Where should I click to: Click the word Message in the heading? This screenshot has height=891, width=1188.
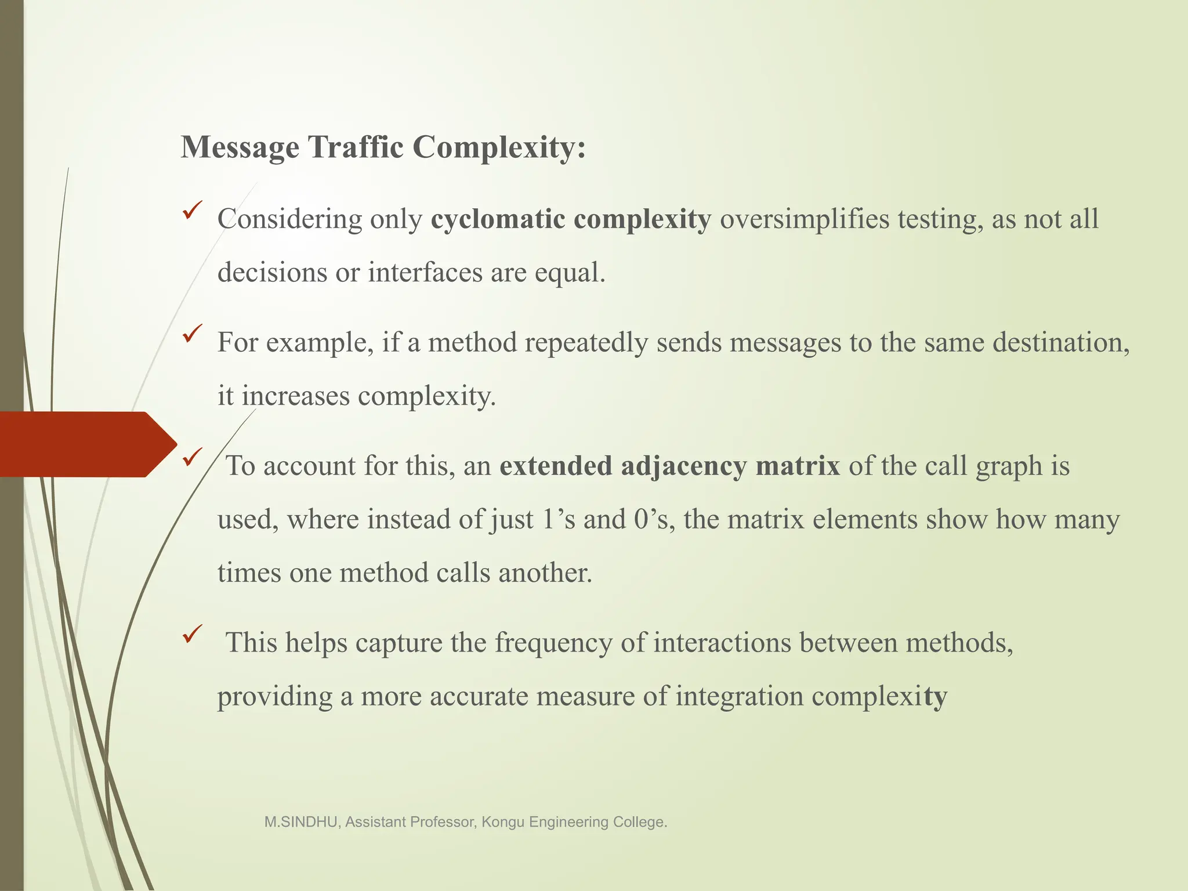240,148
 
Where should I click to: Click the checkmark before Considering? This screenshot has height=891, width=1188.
192,209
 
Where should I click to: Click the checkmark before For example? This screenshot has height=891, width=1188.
192,333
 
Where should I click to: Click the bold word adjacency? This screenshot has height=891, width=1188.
684,466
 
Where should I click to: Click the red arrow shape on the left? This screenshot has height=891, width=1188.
87,444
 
